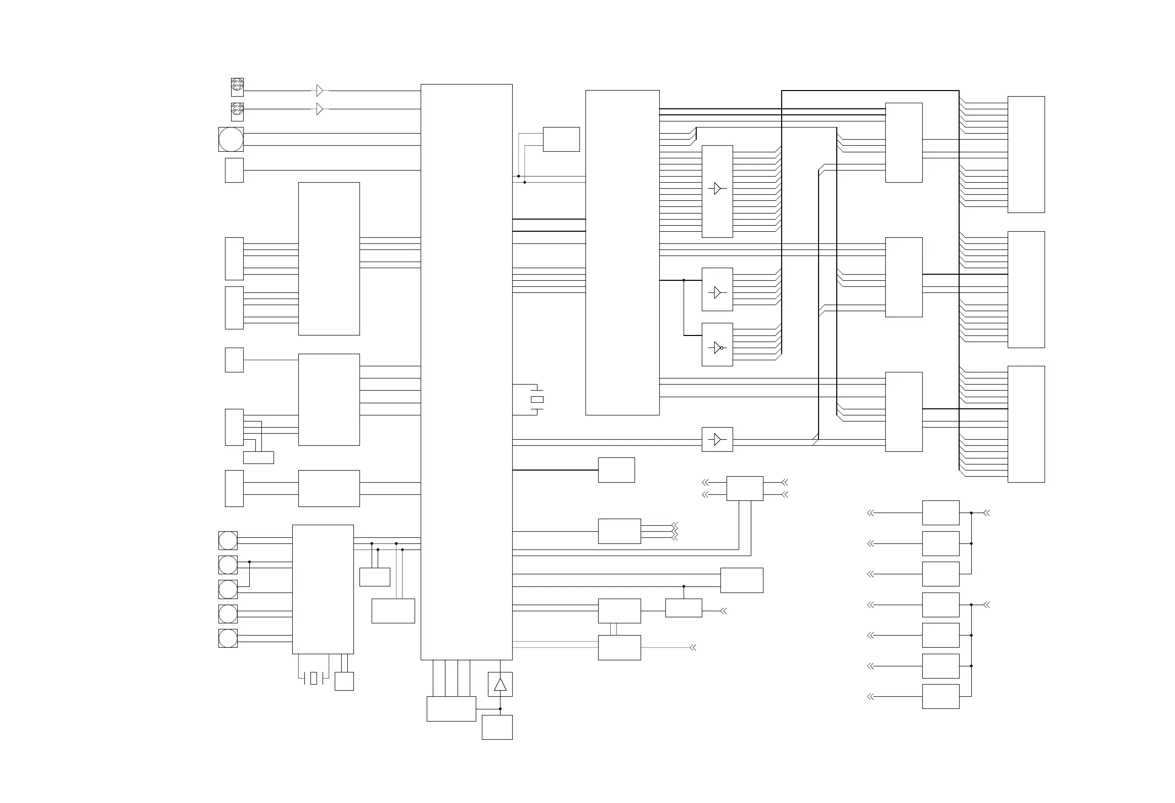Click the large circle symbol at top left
tap(231, 139)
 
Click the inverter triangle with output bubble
tap(717, 348)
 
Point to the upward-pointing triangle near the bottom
tap(500, 685)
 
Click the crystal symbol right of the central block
tap(537, 399)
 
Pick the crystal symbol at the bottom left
tap(313, 678)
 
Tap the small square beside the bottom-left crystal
tap(344, 681)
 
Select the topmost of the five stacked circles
tap(228, 540)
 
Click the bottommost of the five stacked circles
tap(228, 638)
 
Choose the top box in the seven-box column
tap(940, 513)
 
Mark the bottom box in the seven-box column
tap(940, 696)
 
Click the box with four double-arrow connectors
tap(745, 488)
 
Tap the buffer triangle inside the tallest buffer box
tap(717, 188)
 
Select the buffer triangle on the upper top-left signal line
tap(320, 91)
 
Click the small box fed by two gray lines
tap(561, 139)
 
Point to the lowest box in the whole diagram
tap(497, 727)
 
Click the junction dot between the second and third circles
tap(249, 562)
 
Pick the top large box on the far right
tap(1026, 154)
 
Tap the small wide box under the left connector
tap(258, 457)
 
